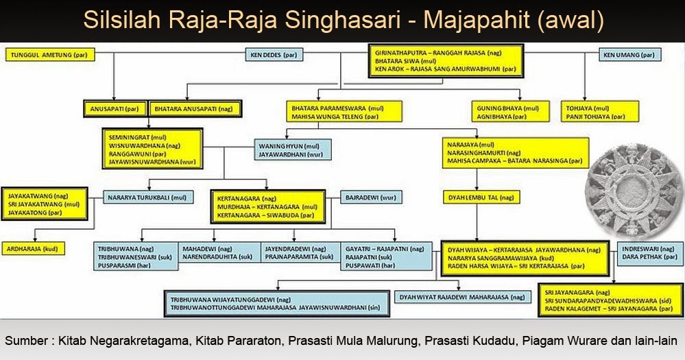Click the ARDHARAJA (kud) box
pos(33,249)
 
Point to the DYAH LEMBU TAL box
pos(479,197)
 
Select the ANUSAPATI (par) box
pos(115,108)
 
